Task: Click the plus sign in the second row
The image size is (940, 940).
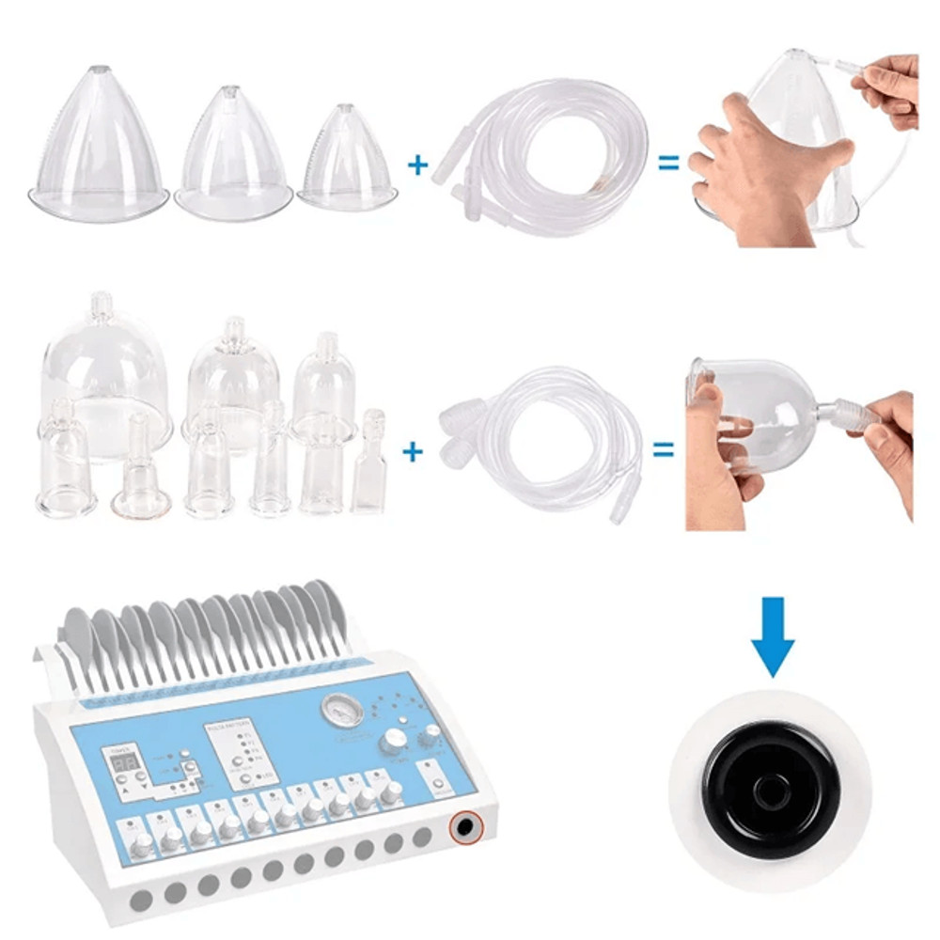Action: click(412, 452)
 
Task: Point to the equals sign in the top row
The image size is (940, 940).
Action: click(668, 164)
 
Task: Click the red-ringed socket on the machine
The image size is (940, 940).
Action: click(463, 828)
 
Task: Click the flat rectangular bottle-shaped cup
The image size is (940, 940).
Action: click(368, 465)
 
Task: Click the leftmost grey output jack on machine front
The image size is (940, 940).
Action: click(140, 901)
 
